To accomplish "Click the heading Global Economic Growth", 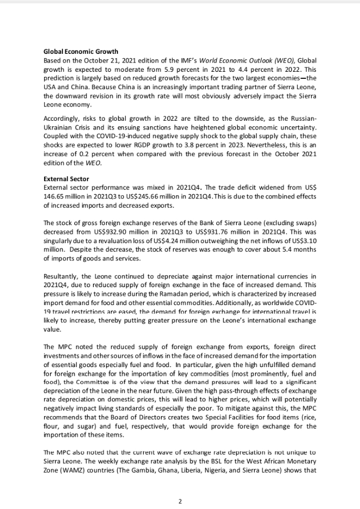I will [80, 52].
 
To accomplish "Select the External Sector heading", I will [66, 179].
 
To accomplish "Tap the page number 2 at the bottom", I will [180, 501].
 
